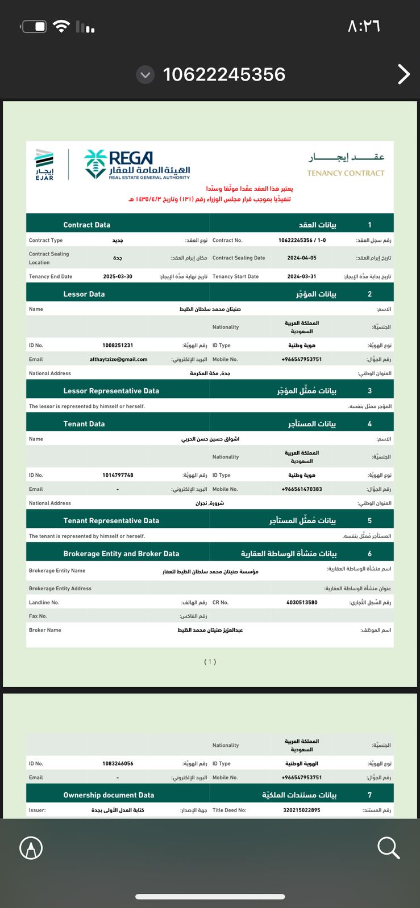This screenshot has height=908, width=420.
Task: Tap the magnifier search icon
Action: [x=389, y=848]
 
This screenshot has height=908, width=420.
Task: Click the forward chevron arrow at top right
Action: [x=404, y=74]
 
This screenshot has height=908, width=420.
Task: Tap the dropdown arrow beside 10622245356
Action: [x=145, y=74]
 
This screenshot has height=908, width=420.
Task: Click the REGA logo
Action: [x=137, y=165]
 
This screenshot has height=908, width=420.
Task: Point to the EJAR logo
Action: [x=44, y=165]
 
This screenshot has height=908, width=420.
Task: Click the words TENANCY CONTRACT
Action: [x=346, y=173]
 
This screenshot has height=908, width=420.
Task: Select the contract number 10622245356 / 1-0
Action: [x=302, y=240]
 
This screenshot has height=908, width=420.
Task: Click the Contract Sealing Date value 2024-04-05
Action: [x=302, y=258]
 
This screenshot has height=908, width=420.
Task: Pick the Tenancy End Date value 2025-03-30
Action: [x=118, y=276]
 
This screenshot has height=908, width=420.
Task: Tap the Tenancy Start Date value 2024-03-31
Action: [x=302, y=276]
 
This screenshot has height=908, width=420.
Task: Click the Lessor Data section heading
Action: [x=84, y=294]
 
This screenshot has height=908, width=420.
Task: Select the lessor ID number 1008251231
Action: [x=118, y=345]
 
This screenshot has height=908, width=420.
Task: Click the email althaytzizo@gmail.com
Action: [x=118, y=359]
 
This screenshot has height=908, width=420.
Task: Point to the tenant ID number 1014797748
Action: [x=118, y=475]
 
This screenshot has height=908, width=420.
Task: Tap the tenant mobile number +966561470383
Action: [x=302, y=489]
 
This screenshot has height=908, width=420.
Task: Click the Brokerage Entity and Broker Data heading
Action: [x=121, y=553]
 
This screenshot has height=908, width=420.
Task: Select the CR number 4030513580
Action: [x=302, y=602]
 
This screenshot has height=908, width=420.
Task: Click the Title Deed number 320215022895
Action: [x=302, y=810]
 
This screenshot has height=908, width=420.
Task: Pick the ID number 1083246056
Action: [x=118, y=763]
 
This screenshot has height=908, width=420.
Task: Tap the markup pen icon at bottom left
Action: [x=31, y=848]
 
